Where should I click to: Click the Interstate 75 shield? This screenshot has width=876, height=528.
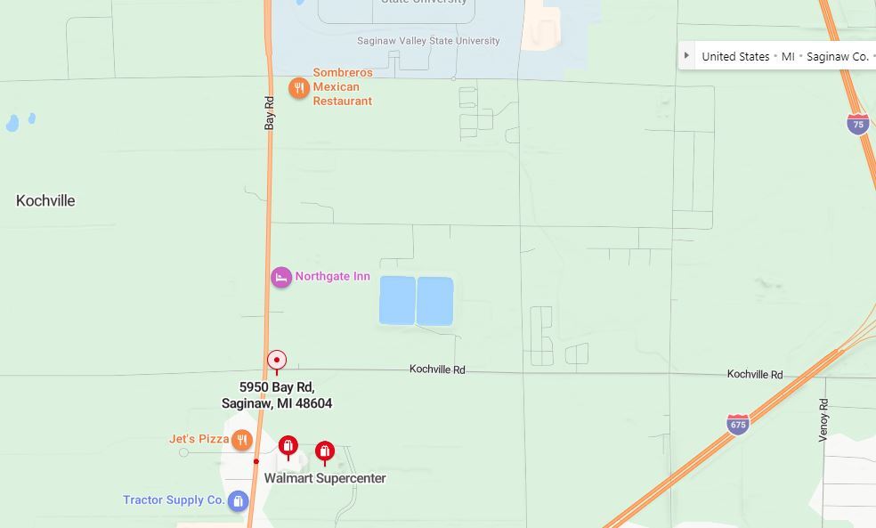[x=857, y=124]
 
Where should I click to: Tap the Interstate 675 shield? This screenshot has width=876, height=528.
[x=738, y=424]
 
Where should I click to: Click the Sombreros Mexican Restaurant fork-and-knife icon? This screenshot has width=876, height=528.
[x=299, y=87]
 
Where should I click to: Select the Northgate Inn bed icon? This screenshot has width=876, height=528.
[x=281, y=277]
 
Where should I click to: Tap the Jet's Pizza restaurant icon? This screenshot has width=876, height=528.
[x=241, y=439]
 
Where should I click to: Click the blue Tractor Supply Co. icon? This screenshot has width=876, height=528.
[x=238, y=500]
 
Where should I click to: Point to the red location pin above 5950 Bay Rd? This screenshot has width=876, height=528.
[x=277, y=361]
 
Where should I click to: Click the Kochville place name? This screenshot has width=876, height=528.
[x=45, y=201]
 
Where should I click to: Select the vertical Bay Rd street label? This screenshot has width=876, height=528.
[x=270, y=113]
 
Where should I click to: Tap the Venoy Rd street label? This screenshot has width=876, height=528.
[x=823, y=420]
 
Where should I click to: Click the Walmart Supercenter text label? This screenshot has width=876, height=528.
[x=325, y=478]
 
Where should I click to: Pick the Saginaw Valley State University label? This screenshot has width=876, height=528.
[x=428, y=41]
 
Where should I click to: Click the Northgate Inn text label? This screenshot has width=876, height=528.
[x=332, y=277]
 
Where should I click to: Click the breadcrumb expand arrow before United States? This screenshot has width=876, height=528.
[x=686, y=55]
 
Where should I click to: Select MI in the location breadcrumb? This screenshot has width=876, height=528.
[x=788, y=56]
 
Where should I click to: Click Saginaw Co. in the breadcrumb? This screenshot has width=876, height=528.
[x=837, y=56]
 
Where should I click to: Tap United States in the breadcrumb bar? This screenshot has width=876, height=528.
[x=735, y=56]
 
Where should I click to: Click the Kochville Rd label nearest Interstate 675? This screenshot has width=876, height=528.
[x=754, y=374]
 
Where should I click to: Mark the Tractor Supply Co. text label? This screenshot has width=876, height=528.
[x=174, y=500]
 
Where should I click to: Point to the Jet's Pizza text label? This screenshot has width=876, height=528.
[x=199, y=439]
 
